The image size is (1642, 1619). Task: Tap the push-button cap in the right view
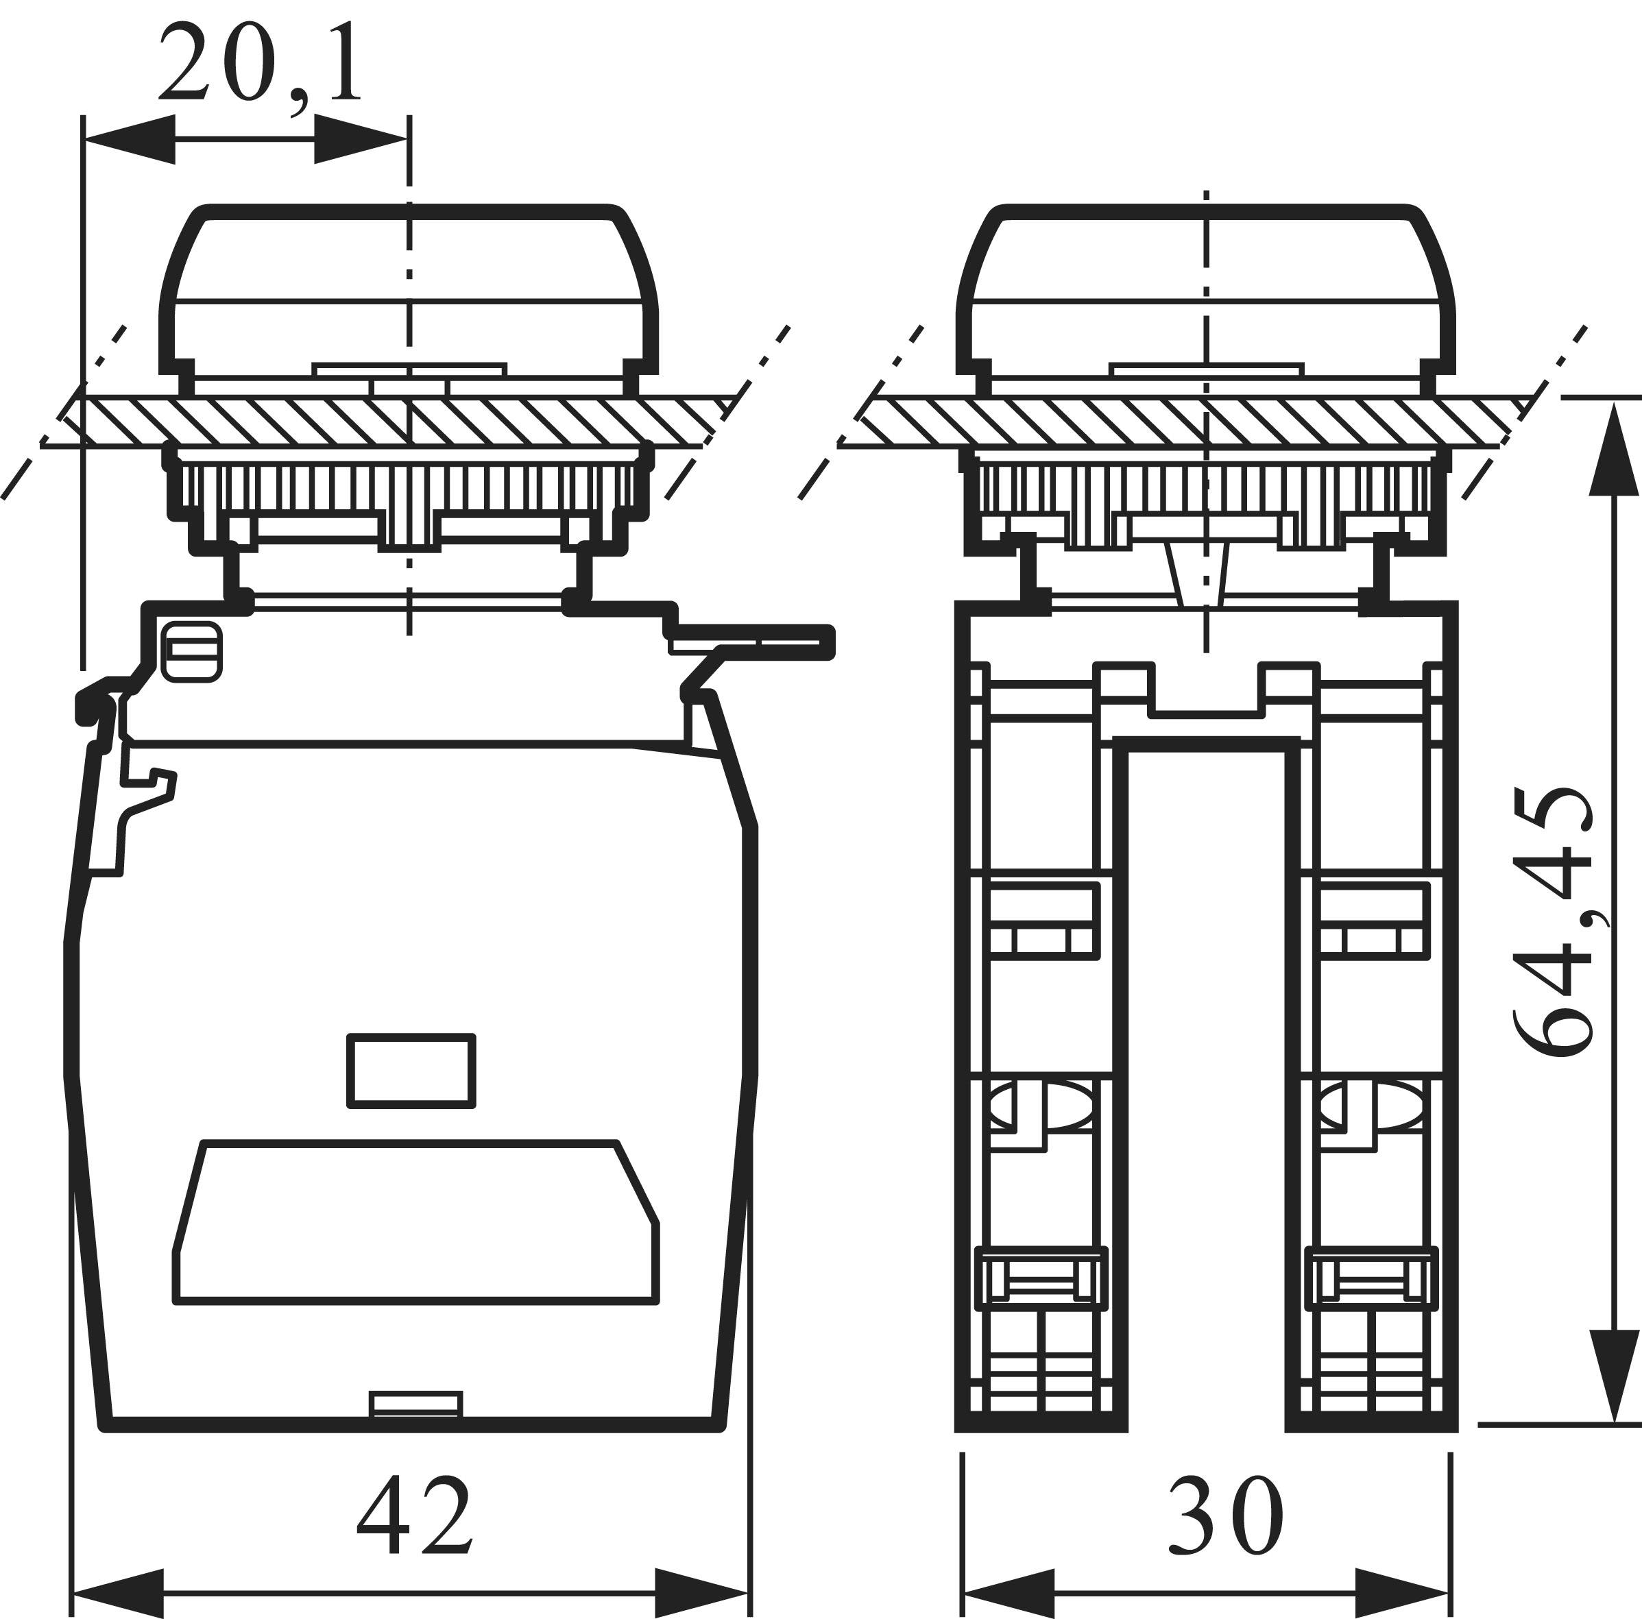click(x=1206, y=289)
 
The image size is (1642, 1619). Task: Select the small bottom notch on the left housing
click(x=416, y=1405)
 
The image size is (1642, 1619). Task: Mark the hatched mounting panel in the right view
click(x=1190, y=422)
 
